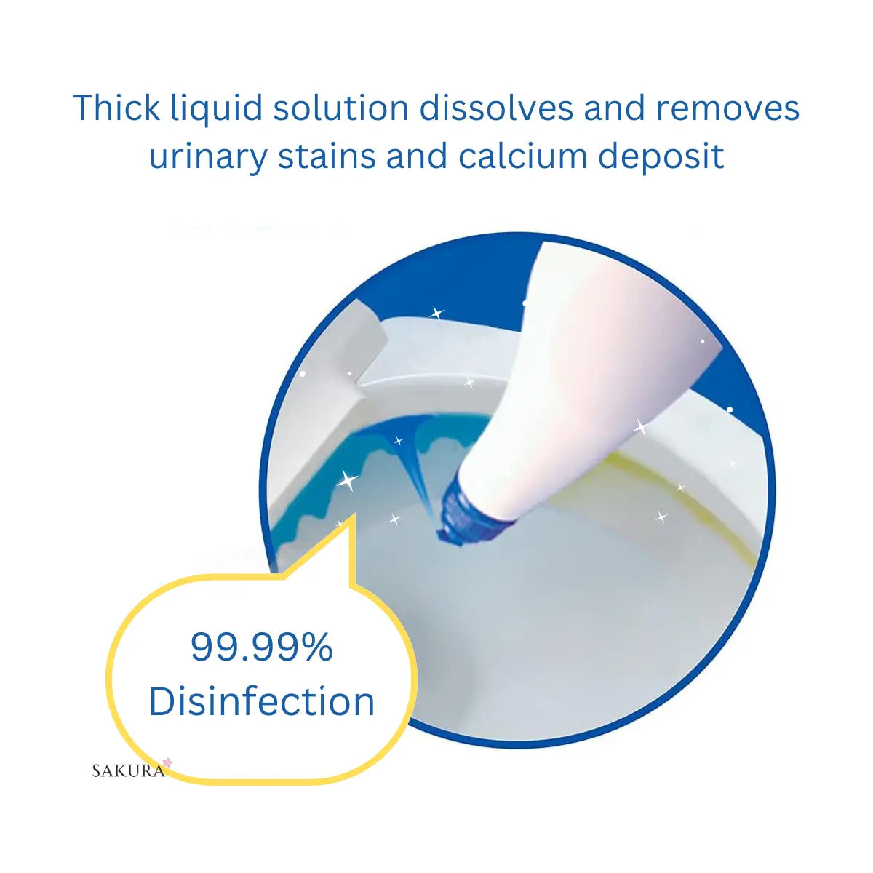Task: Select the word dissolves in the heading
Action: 496,108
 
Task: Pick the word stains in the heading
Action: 327,156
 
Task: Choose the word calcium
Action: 522,155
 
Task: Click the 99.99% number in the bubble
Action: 262,647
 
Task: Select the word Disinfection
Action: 262,701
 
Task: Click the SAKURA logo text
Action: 128,770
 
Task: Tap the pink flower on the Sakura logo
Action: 167,762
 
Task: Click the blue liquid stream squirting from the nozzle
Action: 415,466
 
